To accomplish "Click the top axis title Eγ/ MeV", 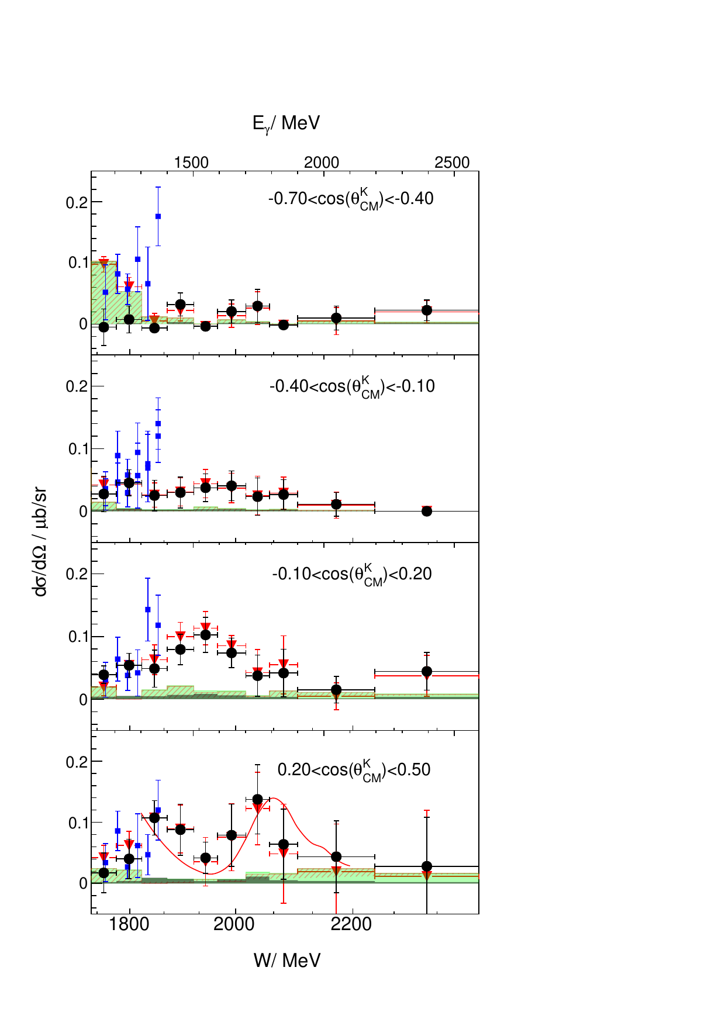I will tap(286, 123).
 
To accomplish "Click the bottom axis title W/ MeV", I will tap(287, 960).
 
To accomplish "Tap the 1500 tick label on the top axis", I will tap(191, 163).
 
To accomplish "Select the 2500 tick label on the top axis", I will tap(452, 163).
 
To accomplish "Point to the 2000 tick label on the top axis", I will tap(322, 163).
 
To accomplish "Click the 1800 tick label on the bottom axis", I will tap(129, 924).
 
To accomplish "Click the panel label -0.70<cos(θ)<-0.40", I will tap(351, 199).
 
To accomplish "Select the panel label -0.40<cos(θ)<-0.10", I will tap(352, 387).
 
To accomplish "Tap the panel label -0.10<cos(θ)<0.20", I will tap(352, 575).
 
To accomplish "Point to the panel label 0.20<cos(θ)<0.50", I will tap(354, 770).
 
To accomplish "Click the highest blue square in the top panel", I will tap(158, 216).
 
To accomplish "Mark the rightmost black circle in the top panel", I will tap(427, 310).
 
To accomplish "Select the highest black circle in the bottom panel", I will tap(257, 799).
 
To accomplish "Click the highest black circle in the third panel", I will tap(205, 635).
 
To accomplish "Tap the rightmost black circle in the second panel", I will tap(427, 511).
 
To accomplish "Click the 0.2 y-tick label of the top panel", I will tap(76, 202).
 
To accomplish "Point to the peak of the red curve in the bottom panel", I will tap(273, 798).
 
